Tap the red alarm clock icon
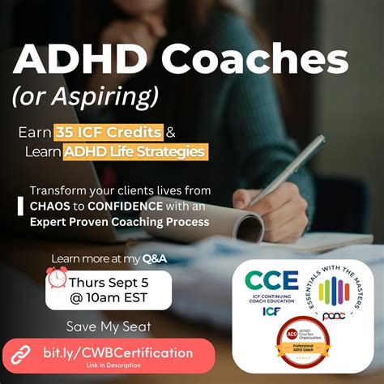pyautogui.click(x=58, y=279)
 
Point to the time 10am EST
pyautogui.click(x=110, y=298)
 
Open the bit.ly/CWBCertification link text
pyautogui.click(x=117, y=352)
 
